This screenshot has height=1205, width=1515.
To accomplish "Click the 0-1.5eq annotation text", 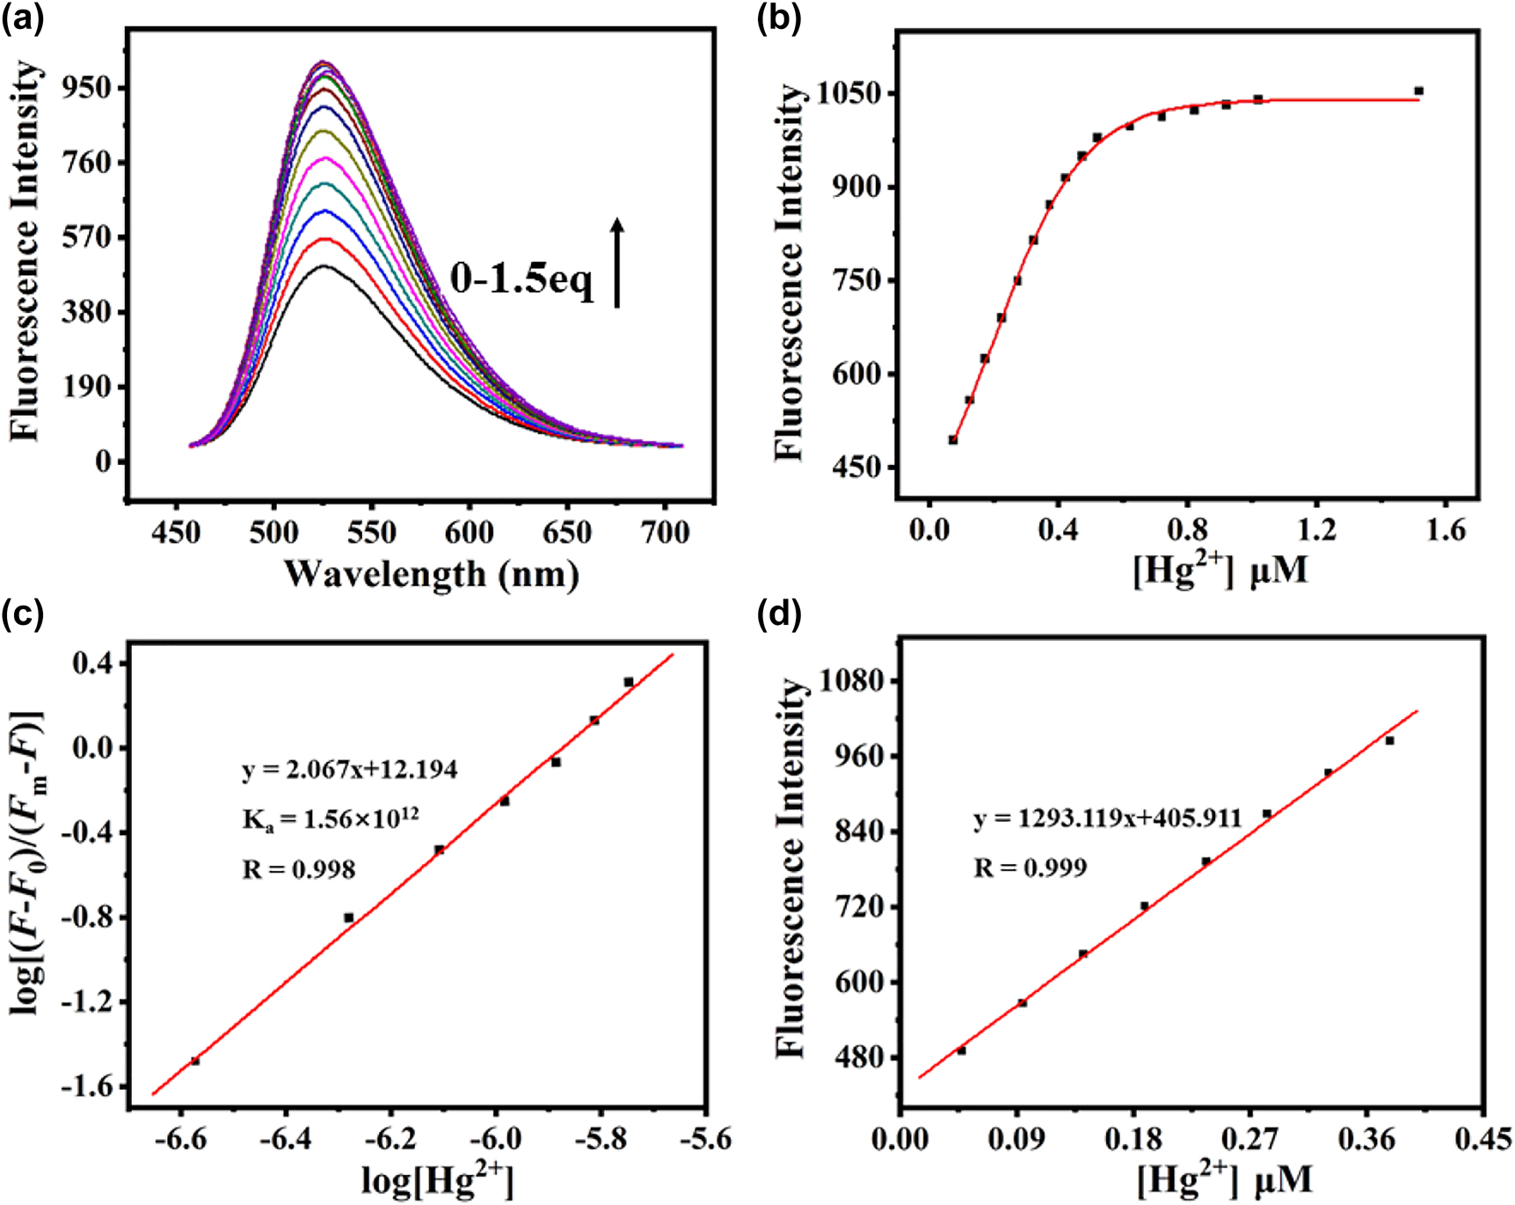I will coord(521,279).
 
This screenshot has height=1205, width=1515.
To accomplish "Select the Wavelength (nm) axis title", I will coord(431,574).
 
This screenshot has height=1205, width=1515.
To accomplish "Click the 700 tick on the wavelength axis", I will coord(665,532).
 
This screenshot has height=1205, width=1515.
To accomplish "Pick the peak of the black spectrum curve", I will coord(324,265).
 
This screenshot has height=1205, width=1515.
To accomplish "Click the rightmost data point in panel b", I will coord(1418,91).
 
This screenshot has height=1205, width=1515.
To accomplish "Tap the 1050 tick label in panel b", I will coord(850,93).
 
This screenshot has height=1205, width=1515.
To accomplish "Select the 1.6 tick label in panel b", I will coord(1446,530).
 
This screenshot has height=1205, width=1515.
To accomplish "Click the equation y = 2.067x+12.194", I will coord(349,770).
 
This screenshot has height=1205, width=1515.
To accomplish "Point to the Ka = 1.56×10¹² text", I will coord(330,819).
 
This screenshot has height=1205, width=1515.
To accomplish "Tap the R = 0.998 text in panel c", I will coord(299,870).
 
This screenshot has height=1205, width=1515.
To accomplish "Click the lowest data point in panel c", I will coord(195,1061).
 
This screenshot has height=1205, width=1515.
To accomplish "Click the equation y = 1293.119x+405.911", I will coord(1107,818).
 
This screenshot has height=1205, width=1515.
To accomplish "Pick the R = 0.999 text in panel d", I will coord(1030,868).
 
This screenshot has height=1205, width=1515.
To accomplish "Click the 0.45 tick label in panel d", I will coord(1482,1140).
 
